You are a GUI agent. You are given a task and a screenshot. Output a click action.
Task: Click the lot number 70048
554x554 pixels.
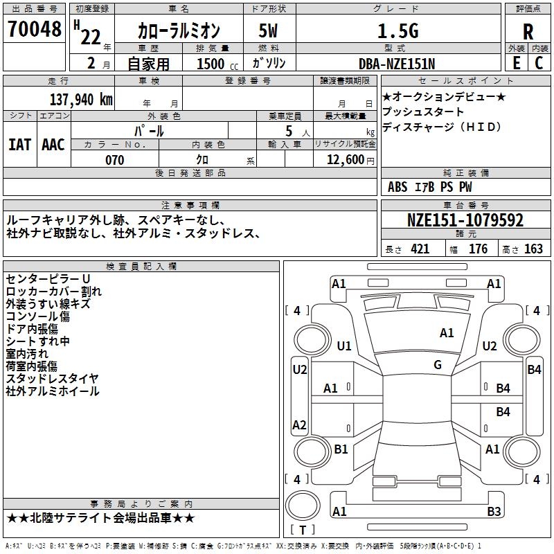(34, 30)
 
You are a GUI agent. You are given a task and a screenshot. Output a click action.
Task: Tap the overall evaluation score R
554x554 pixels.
(528, 32)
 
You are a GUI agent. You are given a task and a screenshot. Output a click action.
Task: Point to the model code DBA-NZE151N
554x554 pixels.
(397, 64)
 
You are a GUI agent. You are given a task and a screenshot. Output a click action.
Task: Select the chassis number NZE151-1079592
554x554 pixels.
(465, 221)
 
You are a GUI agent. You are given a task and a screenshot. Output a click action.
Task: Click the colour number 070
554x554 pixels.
(114, 160)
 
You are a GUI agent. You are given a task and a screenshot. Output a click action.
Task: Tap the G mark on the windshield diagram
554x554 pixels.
(438, 365)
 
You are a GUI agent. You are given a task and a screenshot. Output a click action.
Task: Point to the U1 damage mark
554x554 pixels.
(344, 346)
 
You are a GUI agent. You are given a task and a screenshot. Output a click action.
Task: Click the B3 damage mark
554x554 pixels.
(494, 512)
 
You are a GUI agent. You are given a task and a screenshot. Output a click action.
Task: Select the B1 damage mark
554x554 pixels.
(341, 449)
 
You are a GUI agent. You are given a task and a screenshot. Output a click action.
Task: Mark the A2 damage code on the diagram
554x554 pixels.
(299, 425)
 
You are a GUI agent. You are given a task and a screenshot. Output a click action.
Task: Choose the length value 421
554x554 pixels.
(420, 249)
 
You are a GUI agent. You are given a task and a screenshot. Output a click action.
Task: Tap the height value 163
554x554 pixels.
(533, 249)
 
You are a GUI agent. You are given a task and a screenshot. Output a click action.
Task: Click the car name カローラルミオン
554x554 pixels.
(179, 30)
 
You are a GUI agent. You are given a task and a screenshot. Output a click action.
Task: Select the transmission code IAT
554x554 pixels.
(19, 145)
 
